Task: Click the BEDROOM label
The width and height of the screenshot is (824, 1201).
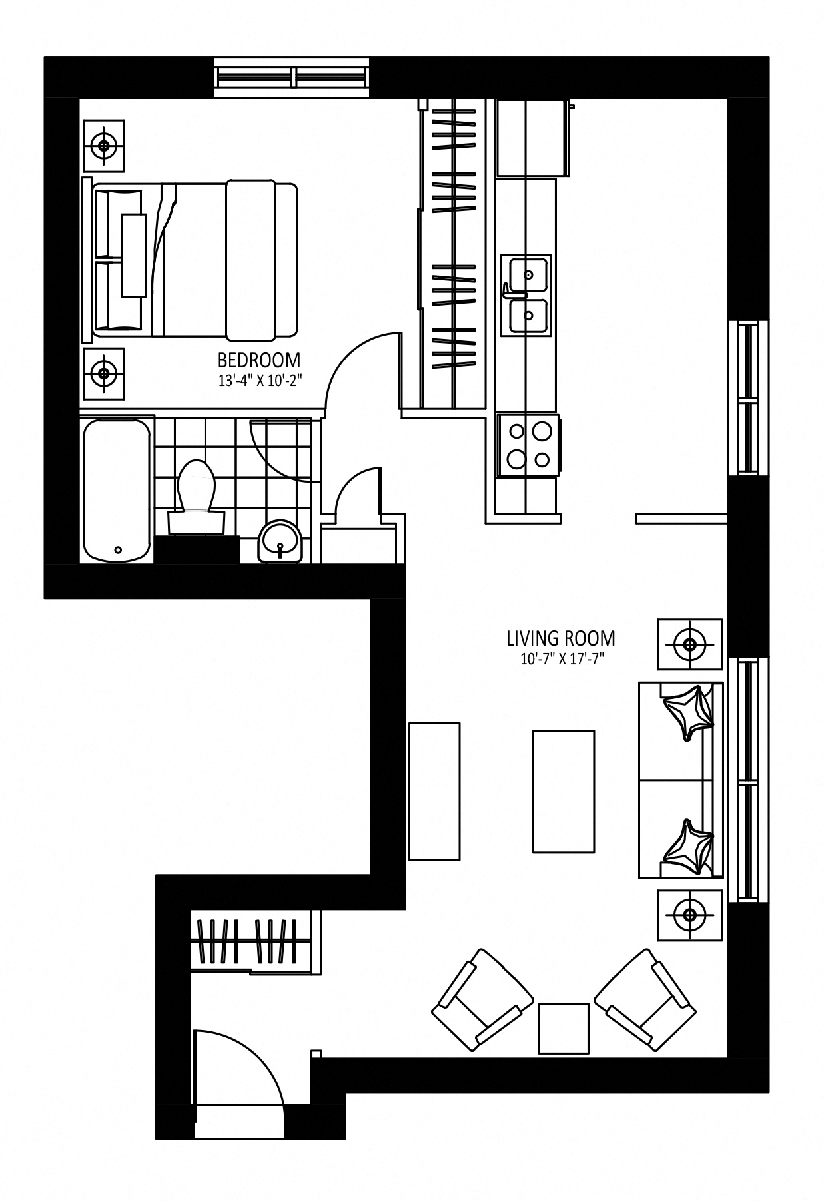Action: pyautogui.click(x=259, y=360)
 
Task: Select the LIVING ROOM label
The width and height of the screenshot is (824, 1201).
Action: pyautogui.click(x=561, y=638)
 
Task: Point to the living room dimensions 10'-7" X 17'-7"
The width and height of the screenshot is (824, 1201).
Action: pyautogui.click(x=561, y=660)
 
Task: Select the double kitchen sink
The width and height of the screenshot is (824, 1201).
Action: pyautogui.click(x=526, y=295)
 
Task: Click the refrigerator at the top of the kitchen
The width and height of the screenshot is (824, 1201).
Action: pyautogui.click(x=532, y=138)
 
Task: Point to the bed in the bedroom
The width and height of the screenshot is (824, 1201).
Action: pyautogui.click(x=190, y=258)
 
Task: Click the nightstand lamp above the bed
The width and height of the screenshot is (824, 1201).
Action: pyautogui.click(x=103, y=144)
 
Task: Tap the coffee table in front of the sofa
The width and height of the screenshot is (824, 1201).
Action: pyautogui.click(x=564, y=791)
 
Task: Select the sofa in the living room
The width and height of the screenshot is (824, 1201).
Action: pyautogui.click(x=681, y=780)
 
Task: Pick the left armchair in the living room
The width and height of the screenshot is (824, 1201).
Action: pyautogui.click(x=483, y=999)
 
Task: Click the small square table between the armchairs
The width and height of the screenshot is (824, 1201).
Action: pyautogui.click(x=564, y=1029)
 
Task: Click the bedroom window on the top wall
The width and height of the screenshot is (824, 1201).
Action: pyautogui.click(x=291, y=73)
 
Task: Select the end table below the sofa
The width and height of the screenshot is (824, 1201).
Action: pyautogui.click(x=690, y=915)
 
